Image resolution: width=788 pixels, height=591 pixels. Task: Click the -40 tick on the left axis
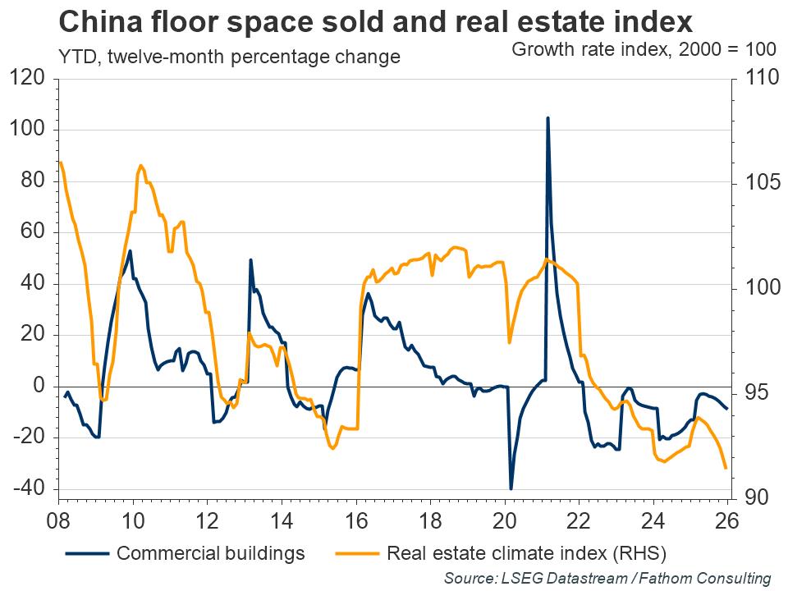30,489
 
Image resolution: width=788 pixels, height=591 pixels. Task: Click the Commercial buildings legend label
211,552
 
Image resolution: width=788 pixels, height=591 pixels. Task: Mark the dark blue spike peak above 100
547,118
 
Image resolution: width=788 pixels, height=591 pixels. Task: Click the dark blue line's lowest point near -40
511,488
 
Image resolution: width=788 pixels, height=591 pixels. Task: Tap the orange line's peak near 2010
141,166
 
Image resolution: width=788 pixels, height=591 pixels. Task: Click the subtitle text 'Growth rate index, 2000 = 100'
644,48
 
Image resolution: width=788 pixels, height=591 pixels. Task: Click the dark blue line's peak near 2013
250,260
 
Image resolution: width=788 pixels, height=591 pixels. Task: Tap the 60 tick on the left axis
30,233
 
